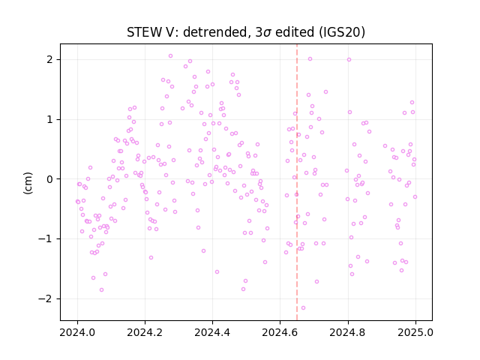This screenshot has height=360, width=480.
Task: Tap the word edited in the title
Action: [x=295, y=32]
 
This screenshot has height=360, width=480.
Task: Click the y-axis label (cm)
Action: [x=28, y=183]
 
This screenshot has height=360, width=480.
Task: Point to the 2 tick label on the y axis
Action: [x=50, y=59]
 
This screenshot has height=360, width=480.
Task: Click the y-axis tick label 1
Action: [x=50, y=119]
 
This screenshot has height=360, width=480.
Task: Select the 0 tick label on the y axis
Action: [x=50, y=179]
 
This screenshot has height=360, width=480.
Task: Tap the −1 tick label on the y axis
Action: [x=46, y=238]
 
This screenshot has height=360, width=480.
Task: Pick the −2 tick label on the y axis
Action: [x=46, y=298]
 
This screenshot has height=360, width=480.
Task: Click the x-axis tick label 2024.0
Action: [x=77, y=332]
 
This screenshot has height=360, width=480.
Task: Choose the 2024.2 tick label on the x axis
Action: [x=145, y=332]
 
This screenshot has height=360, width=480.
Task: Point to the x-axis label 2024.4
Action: [x=212, y=332]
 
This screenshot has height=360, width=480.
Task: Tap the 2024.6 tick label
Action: [x=280, y=332]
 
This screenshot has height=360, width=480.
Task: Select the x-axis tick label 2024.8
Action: [x=348, y=332]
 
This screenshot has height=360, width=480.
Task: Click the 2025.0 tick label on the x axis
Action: [x=415, y=332]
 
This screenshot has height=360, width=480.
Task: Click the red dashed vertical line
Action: [x=297, y=182]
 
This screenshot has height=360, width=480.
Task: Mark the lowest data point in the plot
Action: [x=303, y=308]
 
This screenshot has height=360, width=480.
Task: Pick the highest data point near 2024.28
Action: [x=171, y=56]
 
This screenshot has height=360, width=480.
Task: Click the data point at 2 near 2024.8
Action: [x=349, y=60]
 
